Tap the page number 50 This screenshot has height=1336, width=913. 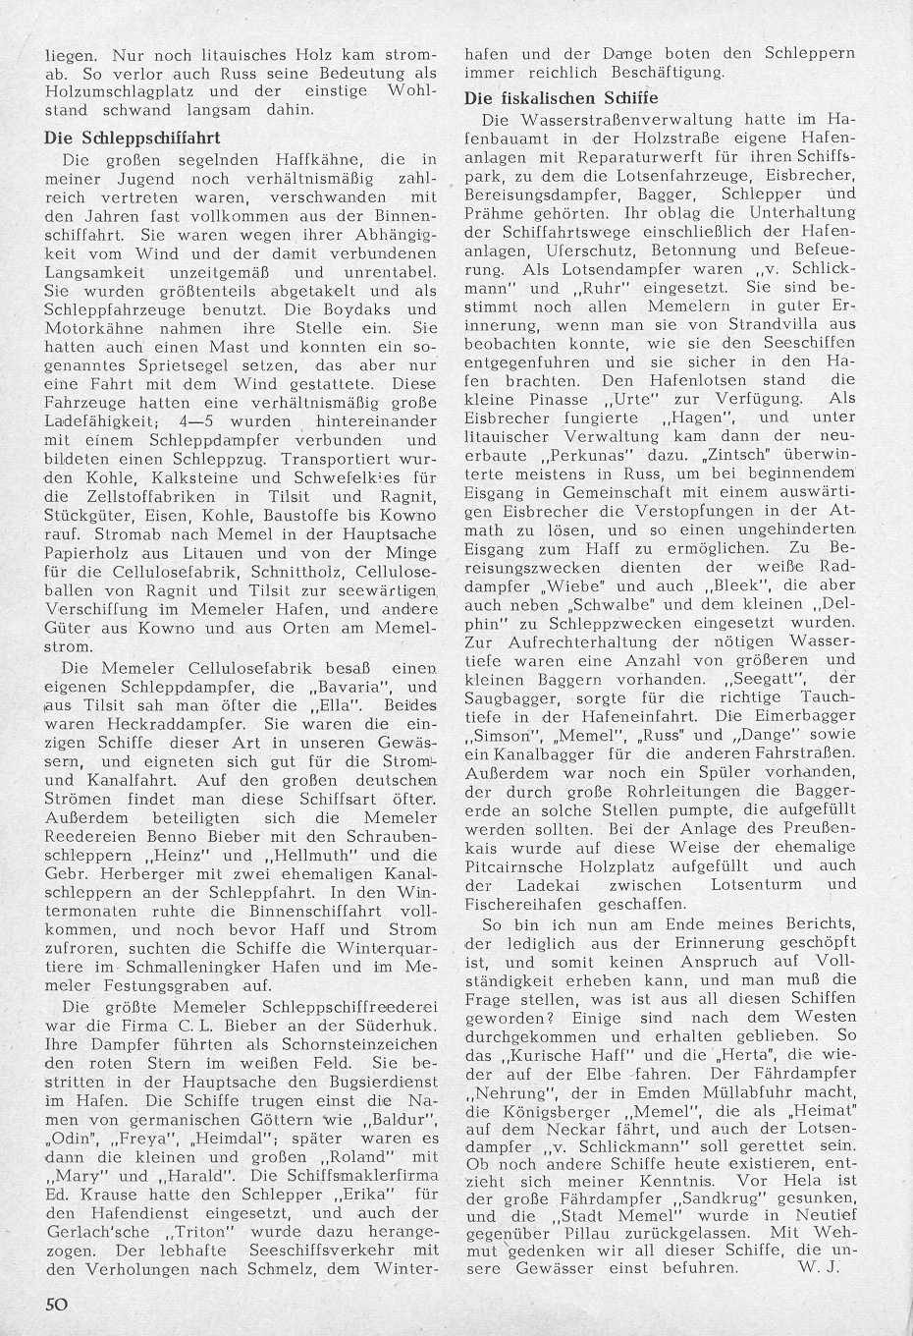(x=55, y=1305)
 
